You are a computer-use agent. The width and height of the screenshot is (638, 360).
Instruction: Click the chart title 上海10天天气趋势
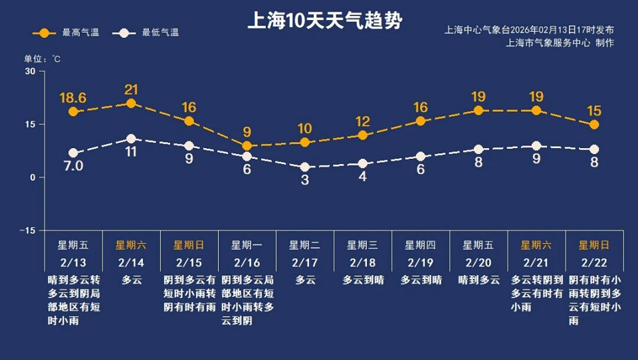click(x=324, y=21)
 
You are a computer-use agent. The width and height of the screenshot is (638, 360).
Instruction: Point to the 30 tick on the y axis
click(x=30, y=71)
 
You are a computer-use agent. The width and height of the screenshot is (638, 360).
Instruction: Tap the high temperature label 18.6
click(x=73, y=98)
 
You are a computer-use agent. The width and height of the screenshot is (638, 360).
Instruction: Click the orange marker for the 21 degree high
click(x=131, y=103)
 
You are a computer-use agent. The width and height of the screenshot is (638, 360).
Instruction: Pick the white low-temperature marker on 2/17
click(x=304, y=167)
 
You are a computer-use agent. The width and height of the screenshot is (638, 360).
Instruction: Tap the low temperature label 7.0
click(x=73, y=166)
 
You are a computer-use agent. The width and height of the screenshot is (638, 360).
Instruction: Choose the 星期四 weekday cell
click(x=421, y=244)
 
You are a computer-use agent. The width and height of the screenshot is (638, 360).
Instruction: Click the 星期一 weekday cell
click(x=247, y=244)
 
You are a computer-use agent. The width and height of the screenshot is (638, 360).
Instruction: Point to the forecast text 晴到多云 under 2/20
click(x=478, y=280)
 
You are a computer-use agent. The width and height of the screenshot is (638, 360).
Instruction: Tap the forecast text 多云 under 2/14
click(x=131, y=280)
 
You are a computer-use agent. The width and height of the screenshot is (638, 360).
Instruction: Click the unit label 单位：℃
click(x=43, y=59)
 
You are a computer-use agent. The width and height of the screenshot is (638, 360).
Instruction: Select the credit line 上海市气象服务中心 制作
click(x=560, y=43)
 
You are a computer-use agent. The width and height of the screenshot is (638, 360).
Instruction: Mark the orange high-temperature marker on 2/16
click(x=247, y=145)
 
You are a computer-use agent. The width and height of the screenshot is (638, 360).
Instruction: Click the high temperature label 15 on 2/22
click(x=594, y=110)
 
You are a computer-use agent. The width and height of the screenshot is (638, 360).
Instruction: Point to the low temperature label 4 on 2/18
click(x=362, y=177)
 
